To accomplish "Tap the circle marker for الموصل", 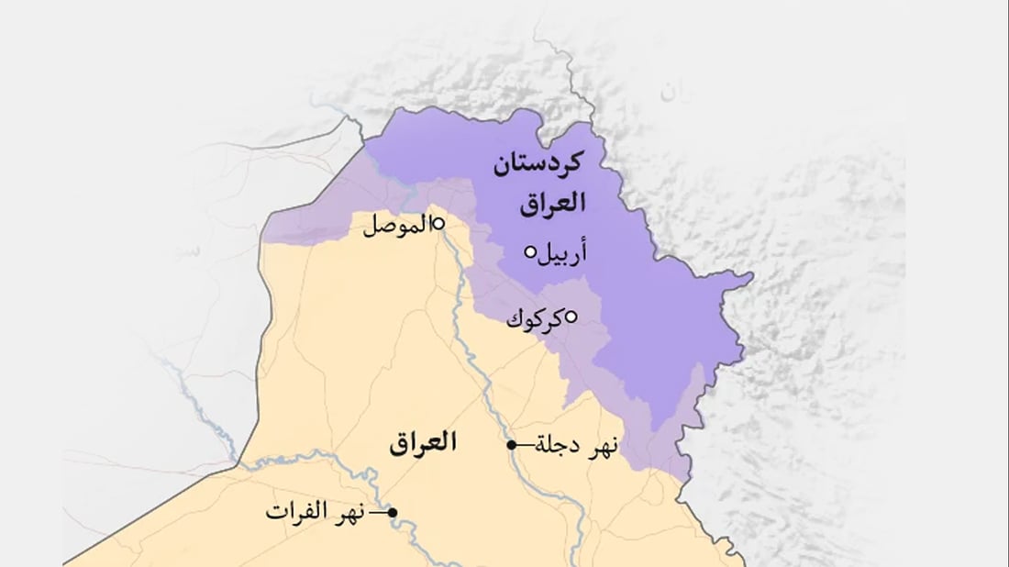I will pyautogui.click(x=438, y=222).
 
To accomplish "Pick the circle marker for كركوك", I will pyautogui.click(x=570, y=317).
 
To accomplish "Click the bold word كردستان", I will pyautogui.click(x=538, y=167).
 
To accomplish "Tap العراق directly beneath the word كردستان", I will pyautogui.click(x=552, y=203).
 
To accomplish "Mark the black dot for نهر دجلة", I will pyautogui.click(x=512, y=445).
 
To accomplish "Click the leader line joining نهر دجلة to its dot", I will pyautogui.click(x=525, y=445).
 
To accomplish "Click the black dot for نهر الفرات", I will pyautogui.click(x=393, y=512).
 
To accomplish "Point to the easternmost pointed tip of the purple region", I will pyautogui.click(x=752, y=274).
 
